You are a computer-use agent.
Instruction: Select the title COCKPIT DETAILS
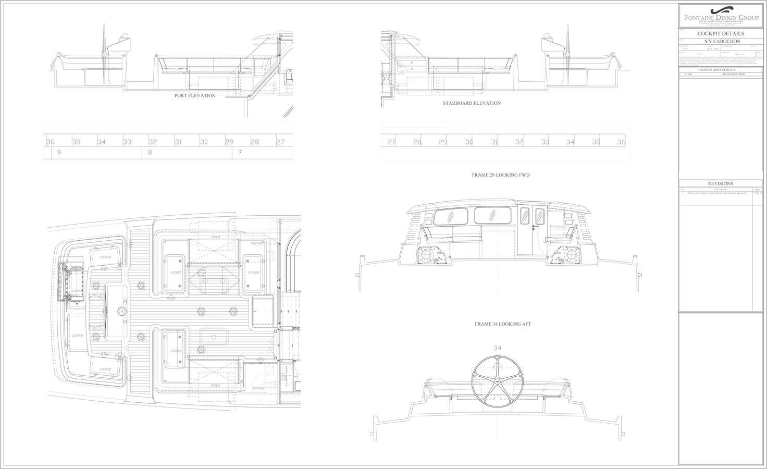pos(721,33)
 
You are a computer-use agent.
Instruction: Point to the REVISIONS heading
pos(721,183)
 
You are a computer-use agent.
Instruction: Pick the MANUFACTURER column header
pos(734,75)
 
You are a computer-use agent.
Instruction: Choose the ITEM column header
pos(688,75)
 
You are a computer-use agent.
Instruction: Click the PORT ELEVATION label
pos(195,96)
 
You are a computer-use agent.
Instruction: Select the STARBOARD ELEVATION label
pos(472,103)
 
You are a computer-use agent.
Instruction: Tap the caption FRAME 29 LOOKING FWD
pos(501,175)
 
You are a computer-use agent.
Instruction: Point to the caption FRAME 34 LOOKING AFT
pos(503,324)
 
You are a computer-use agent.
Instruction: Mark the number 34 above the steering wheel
pos(497,348)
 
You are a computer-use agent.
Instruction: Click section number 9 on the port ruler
pos(59,152)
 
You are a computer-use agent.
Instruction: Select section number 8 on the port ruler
pos(150,152)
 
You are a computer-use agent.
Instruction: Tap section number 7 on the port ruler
pos(240,152)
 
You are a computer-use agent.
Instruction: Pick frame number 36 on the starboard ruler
pos(621,142)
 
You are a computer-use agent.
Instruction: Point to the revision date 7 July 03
pos(758,193)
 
